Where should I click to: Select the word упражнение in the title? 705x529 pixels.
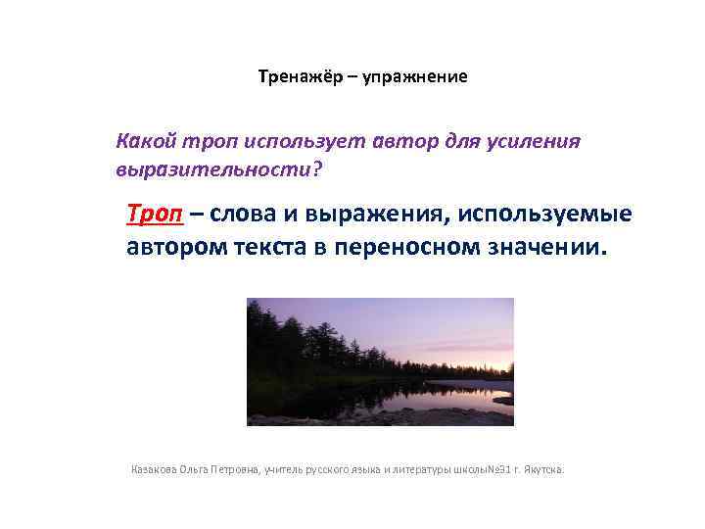[x=415, y=76]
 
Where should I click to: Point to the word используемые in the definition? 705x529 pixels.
[x=541, y=215]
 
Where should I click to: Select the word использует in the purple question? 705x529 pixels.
[x=304, y=142]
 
